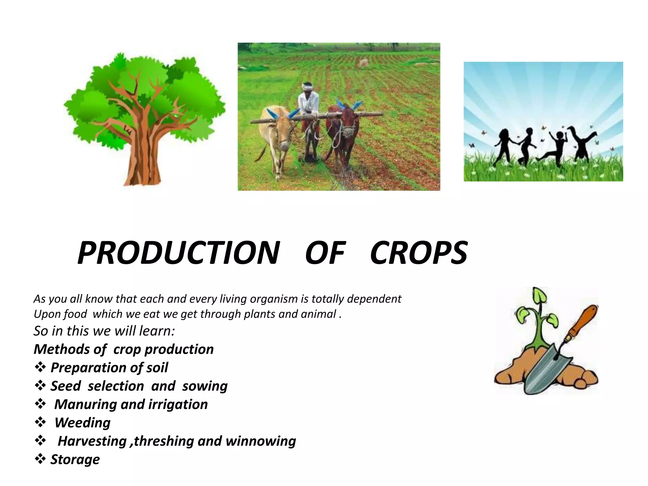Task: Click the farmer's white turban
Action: [x=307, y=86]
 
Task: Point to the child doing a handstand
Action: [x=582, y=142]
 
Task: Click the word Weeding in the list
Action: [x=83, y=423]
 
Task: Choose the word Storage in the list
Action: [x=75, y=459]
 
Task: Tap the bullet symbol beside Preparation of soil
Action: [x=40, y=367]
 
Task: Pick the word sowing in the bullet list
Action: [x=205, y=386]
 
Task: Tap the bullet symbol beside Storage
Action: [x=40, y=459]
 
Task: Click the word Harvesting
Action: [x=92, y=441]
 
